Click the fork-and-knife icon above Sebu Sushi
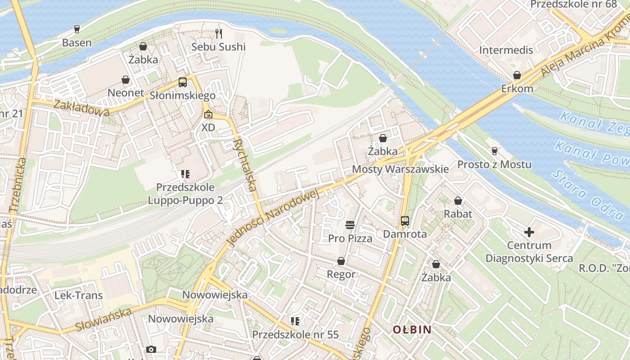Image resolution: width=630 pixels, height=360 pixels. click(x=219, y=33)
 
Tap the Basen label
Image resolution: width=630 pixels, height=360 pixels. click(x=77, y=43)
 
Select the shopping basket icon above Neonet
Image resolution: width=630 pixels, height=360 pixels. click(x=126, y=80)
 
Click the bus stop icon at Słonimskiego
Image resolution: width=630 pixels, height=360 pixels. click(x=182, y=82)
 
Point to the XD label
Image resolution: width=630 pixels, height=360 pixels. click(x=208, y=127)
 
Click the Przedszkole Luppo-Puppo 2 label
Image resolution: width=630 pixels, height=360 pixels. click(x=185, y=193)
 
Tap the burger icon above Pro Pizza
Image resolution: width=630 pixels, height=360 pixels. click(x=350, y=225)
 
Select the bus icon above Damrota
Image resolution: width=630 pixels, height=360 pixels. click(x=405, y=221)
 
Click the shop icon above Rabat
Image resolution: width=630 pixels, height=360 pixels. click(x=458, y=201)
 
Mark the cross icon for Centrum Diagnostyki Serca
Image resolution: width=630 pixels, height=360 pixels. click(x=529, y=232)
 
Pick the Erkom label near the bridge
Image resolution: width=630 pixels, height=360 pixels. click(x=517, y=89)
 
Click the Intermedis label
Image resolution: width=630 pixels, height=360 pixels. click(x=506, y=50)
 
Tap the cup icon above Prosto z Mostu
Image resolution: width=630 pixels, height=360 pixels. click(x=495, y=151)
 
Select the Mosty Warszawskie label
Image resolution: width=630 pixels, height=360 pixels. click(x=400, y=169)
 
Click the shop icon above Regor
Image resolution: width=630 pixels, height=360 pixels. click(x=341, y=261)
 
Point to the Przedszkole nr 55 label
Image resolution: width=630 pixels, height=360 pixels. click(x=295, y=335)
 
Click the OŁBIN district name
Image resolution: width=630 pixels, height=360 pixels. click(x=412, y=329)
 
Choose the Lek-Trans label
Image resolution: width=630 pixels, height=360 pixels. click(x=79, y=296)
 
